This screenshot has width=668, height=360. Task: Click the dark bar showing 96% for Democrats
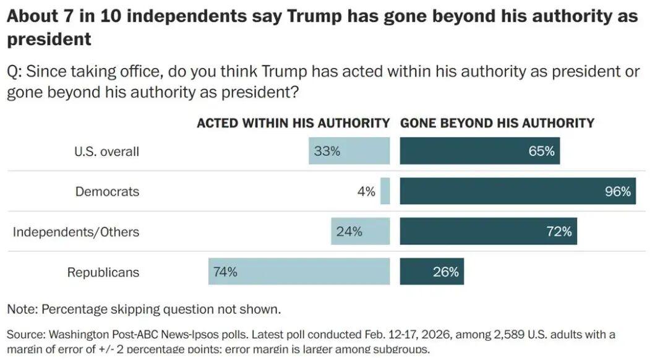[517, 191]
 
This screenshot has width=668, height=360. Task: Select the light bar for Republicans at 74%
[299, 272]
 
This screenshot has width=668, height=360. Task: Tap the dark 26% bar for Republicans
[432, 272]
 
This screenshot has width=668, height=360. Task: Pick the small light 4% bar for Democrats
[385, 191]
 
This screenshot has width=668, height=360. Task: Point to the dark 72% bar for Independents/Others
[488, 231]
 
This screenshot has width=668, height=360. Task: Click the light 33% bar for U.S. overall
[349, 151]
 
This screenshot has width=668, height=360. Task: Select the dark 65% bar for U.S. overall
[479, 151]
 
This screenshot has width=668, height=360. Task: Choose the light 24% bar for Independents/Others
[360, 231]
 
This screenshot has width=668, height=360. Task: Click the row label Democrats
[107, 192]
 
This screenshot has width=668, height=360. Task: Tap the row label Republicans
[103, 272]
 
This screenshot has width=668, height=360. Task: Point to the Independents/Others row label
[76, 232]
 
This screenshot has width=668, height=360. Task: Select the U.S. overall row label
[106, 152]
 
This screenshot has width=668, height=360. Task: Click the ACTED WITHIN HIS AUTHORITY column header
[293, 123]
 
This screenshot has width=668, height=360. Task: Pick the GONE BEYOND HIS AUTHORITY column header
[497, 123]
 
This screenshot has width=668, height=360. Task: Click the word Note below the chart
[21, 309]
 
